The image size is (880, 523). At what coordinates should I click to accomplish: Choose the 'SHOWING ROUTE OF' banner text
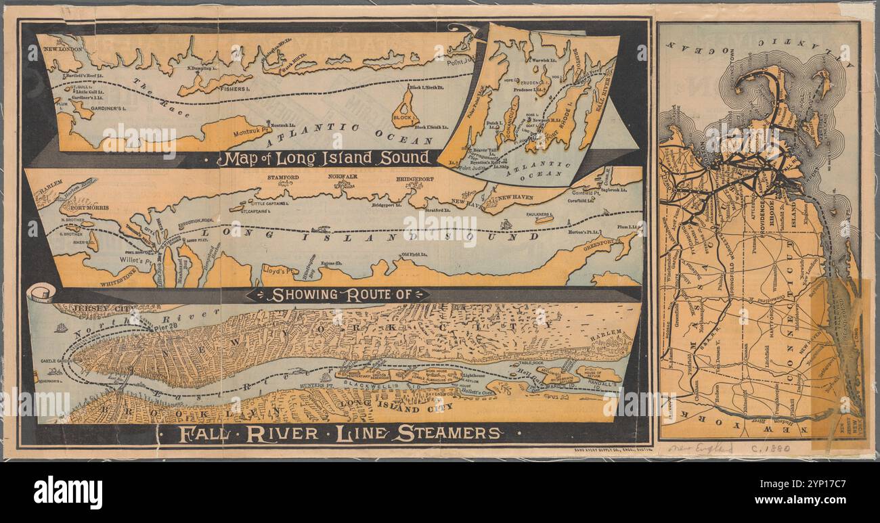click(337, 295)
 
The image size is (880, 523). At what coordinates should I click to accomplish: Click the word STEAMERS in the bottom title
click(447, 434)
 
